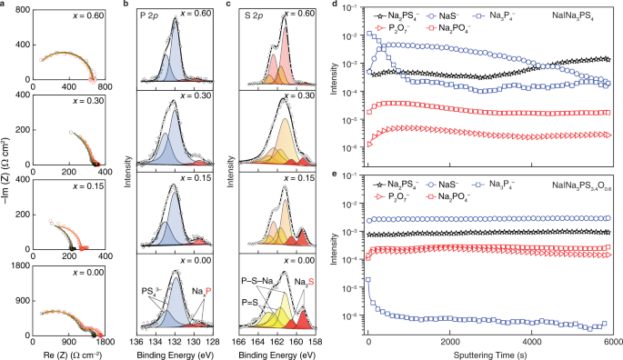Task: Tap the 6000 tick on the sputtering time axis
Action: pos(611,338)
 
